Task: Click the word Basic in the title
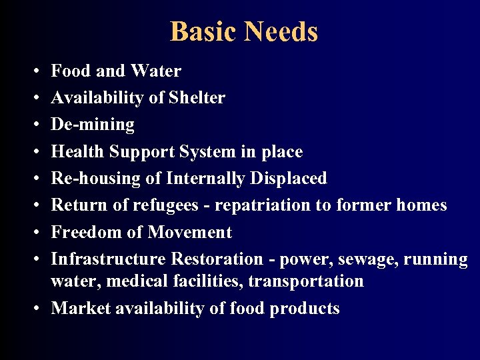[x=204, y=32]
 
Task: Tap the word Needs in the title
[x=281, y=32]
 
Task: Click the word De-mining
[x=93, y=125]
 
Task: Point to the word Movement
[x=190, y=233]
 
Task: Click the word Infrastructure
[x=109, y=259]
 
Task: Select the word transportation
[x=306, y=281]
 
